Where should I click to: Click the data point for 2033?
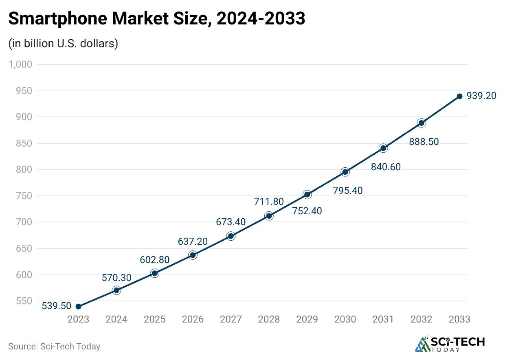459,96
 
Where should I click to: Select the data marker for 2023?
78,306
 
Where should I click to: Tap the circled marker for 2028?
269,216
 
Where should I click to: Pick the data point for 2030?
345,172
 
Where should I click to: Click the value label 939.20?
481,96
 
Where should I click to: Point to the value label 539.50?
57,306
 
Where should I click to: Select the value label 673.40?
231,222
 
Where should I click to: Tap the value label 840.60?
386,167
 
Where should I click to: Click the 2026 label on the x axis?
193,319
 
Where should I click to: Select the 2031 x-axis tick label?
383,319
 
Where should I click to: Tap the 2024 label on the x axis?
116,319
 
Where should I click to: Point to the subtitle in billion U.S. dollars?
63,43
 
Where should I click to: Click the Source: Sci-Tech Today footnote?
54,347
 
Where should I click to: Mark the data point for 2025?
154,273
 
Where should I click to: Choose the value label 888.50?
424,142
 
